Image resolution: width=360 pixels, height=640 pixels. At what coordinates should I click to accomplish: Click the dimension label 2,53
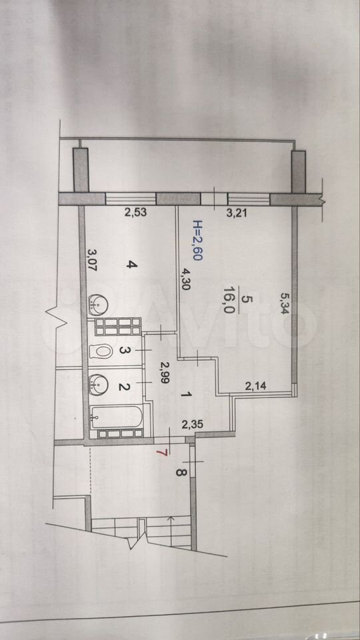tap(134, 212)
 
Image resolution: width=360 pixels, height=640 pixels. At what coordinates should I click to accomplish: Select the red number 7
tap(164, 452)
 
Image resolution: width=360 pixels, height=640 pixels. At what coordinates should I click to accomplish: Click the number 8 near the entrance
tap(181, 473)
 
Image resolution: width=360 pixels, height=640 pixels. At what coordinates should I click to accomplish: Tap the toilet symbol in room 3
tap(101, 350)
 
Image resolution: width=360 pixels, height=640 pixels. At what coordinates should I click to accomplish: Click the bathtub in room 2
tap(116, 417)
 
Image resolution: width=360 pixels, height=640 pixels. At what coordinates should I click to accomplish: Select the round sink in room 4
tap(97, 304)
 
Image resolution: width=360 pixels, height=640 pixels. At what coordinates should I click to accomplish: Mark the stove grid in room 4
tap(118, 326)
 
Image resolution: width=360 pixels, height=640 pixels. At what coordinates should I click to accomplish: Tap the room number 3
tap(123, 351)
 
